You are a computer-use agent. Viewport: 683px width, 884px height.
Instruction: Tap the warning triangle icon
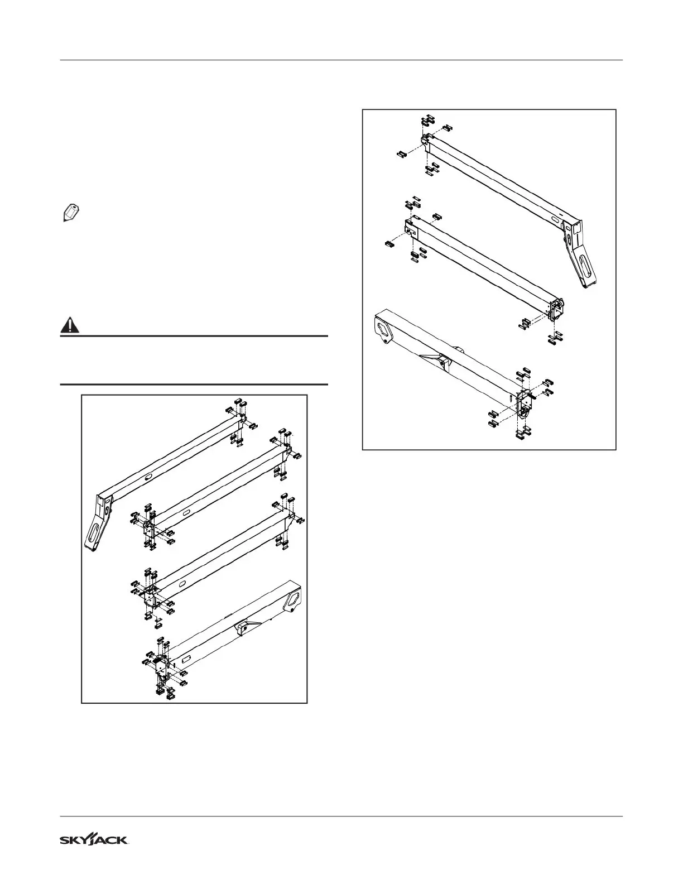(x=70, y=325)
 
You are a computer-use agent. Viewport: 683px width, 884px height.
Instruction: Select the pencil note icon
(x=70, y=213)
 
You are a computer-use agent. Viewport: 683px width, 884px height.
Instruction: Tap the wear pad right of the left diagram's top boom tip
(x=253, y=426)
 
